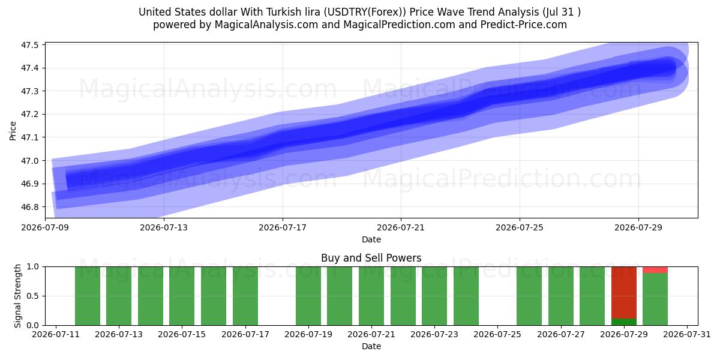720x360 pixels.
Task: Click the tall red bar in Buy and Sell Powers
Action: pyautogui.click(x=624, y=293)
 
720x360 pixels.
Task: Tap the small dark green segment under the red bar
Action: pyautogui.click(x=624, y=322)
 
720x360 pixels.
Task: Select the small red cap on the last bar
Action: pyautogui.click(x=655, y=270)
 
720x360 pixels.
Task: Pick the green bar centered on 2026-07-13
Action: pyautogui.click(x=119, y=296)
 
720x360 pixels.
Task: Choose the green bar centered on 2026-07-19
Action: pyautogui.click(x=308, y=296)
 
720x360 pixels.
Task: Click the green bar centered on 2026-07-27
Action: pyautogui.click(x=561, y=296)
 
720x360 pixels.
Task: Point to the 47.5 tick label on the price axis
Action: pyautogui.click(x=29, y=45)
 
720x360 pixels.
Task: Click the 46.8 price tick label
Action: pyautogui.click(x=29, y=207)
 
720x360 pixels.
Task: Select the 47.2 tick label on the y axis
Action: pyautogui.click(x=29, y=115)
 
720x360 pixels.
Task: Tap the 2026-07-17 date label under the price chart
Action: pyautogui.click(x=283, y=227)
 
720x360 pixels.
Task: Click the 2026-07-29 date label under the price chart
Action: pyautogui.click(x=638, y=227)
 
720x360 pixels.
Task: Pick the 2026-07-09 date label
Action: pyautogui.click(x=45, y=227)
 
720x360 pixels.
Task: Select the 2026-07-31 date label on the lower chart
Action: pyautogui.click(x=687, y=334)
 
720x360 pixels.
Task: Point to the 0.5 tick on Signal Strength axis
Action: pyautogui.click(x=33, y=296)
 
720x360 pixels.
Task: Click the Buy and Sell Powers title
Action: pyautogui.click(x=371, y=258)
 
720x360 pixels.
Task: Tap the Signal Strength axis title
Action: pyautogui.click(x=17, y=296)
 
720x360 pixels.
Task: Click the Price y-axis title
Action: pyautogui.click(x=13, y=131)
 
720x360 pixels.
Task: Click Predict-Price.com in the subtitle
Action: pyautogui.click(x=524, y=25)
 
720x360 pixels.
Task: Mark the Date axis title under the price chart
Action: pyautogui.click(x=371, y=239)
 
